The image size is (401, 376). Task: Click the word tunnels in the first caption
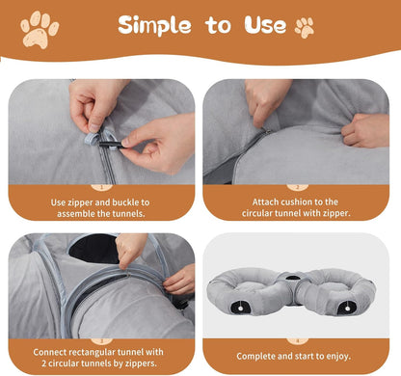[133, 216]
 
